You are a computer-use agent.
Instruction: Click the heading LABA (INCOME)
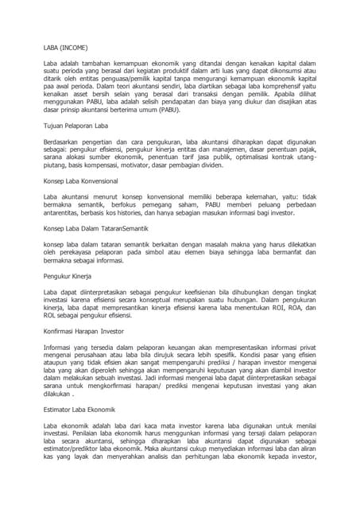65,47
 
